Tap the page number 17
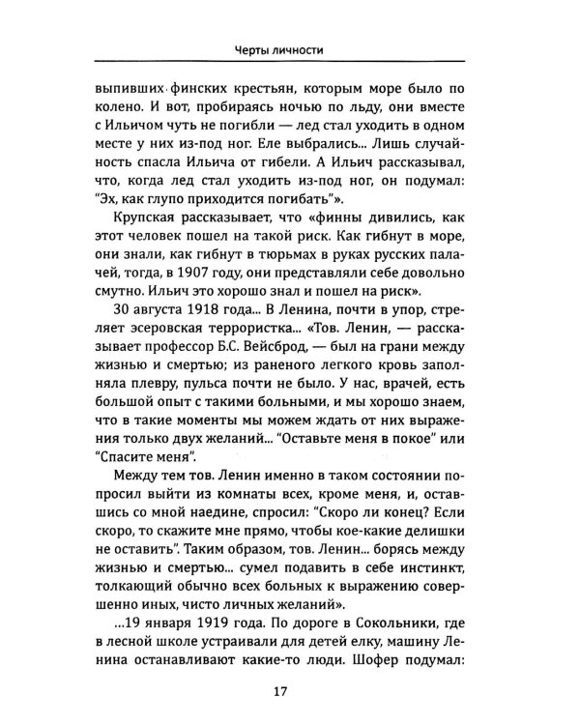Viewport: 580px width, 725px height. coord(290,689)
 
